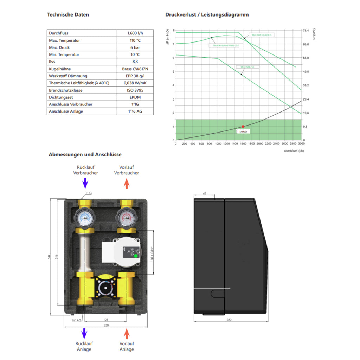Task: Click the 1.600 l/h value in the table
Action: tap(135, 33)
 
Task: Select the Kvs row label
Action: tap(52, 62)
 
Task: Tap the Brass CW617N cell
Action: tap(135, 69)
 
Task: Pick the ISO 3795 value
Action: tap(135, 90)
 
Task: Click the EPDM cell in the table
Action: tap(135, 97)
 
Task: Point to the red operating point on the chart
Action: tap(243, 126)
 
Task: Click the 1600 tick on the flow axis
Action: tap(243, 144)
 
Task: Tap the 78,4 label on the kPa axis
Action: tap(306, 31)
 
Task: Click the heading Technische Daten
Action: tap(68, 15)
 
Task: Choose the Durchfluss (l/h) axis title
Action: tap(294, 151)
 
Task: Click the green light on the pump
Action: tap(136, 256)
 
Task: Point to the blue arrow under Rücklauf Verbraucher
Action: tap(84, 183)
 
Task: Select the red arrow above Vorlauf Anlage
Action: tap(127, 333)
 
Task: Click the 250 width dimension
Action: tap(106, 326)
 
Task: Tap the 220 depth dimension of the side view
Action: tap(229, 320)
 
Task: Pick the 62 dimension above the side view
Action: tap(205, 193)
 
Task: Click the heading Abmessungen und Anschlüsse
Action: tap(85, 155)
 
